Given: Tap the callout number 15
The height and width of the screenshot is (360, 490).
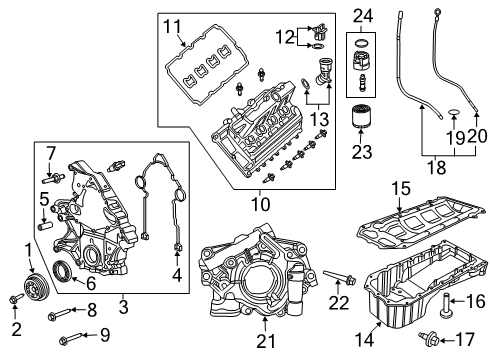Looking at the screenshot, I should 400,216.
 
